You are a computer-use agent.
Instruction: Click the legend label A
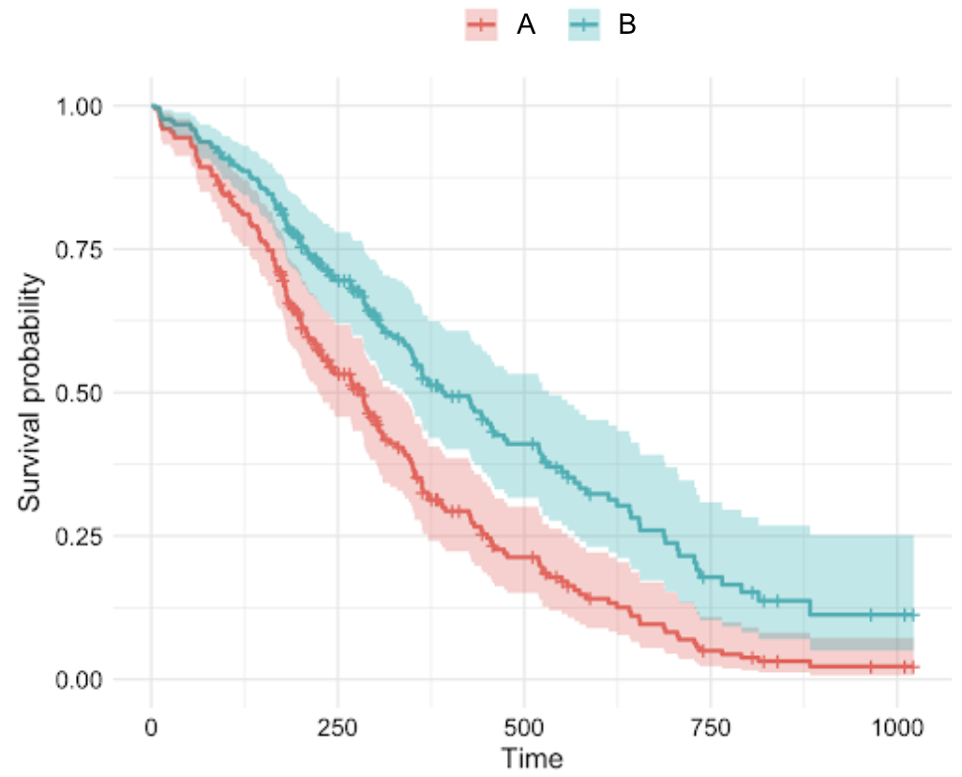coord(526,26)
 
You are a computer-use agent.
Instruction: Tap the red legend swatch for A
coord(481,26)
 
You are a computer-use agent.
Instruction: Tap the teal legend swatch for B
coord(584,26)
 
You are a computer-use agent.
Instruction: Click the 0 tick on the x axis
coord(152,729)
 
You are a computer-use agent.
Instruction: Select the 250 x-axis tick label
coord(338,729)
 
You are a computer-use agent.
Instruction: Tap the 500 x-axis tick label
coord(524,729)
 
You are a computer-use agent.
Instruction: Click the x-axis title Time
coord(532,757)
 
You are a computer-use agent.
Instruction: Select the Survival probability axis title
coord(31,392)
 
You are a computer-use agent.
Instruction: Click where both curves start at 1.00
coord(152,106)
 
